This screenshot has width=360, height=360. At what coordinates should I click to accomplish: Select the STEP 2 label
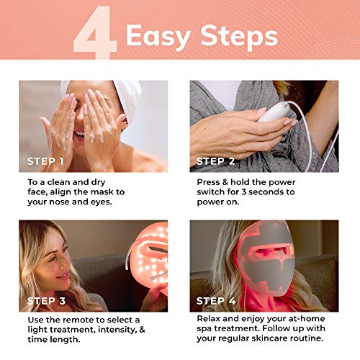[220, 161]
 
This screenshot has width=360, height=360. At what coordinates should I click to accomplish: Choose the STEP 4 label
[220, 300]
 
